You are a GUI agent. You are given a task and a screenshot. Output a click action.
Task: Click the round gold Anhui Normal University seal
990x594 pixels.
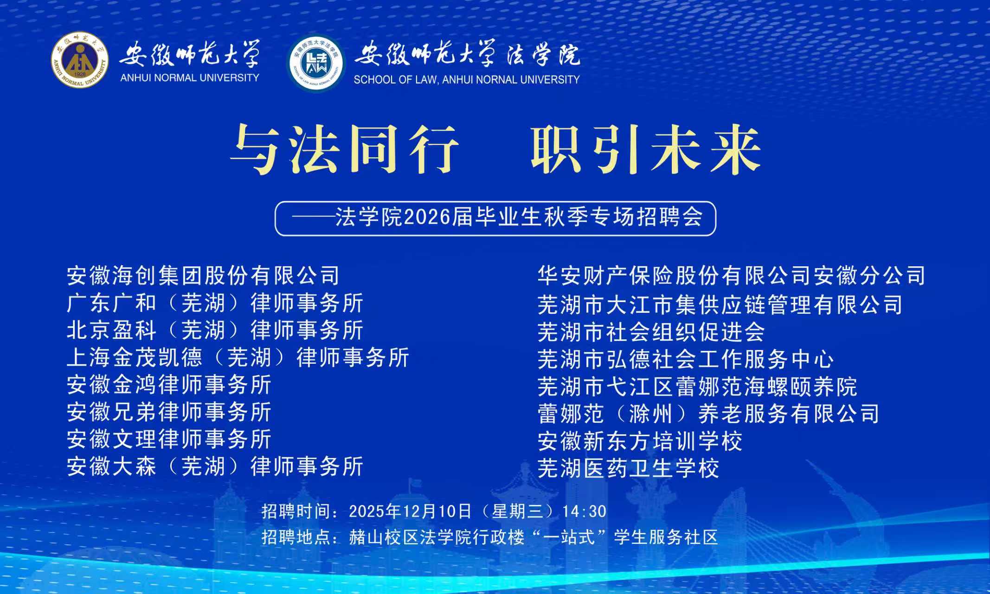click(80, 60)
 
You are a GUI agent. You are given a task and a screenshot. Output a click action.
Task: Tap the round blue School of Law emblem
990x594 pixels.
click(316, 63)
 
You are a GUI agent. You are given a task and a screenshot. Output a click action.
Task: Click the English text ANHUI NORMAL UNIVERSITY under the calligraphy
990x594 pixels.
click(190, 78)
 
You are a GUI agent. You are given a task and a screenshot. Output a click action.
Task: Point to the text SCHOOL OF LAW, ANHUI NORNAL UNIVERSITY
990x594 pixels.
click(467, 80)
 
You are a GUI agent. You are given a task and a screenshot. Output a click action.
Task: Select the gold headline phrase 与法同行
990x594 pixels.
click(344, 150)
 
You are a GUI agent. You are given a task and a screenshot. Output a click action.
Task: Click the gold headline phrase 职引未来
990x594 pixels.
click(646, 150)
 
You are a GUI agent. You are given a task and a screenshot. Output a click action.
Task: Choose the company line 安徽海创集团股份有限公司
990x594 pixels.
click(203, 276)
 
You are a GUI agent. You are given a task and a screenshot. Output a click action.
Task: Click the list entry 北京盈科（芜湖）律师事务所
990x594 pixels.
click(215, 330)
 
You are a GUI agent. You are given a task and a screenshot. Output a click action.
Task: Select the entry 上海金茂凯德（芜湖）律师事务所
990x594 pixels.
click(238, 358)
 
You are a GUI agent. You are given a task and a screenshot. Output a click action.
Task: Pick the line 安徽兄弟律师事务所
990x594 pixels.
click(169, 412)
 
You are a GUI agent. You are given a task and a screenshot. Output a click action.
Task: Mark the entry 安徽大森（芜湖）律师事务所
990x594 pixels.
click(215, 466)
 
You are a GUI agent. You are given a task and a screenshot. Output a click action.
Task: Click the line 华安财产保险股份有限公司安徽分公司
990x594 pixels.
click(732, 276)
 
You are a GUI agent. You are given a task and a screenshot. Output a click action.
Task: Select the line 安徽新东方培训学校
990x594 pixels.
click(640, 441)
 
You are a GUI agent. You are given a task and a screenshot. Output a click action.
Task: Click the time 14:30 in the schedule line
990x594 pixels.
click(585, 511)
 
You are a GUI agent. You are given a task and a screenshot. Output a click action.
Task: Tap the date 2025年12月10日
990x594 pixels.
click(410, 511)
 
